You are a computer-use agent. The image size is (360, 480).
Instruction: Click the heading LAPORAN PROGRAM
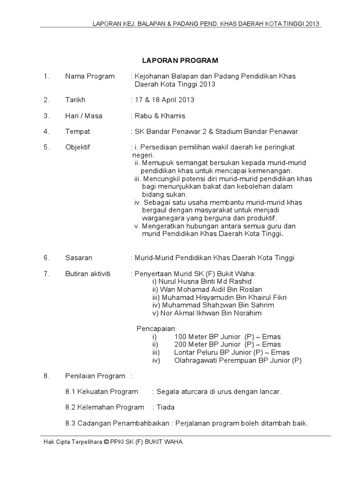(x=180, y=60)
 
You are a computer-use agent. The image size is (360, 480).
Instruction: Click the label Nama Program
(x=90, y=76)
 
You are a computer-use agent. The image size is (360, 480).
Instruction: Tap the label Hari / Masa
(x=84, y=116)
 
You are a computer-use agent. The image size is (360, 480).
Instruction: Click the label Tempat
(x=78, y=132)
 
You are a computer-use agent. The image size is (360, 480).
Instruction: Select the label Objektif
(x=77, y=147)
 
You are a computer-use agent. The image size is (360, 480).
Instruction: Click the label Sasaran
(x=79, y=258)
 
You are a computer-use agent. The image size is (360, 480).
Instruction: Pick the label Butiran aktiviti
(x=88, y=274)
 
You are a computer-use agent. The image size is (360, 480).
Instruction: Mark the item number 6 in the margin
(x=46, y=258)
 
